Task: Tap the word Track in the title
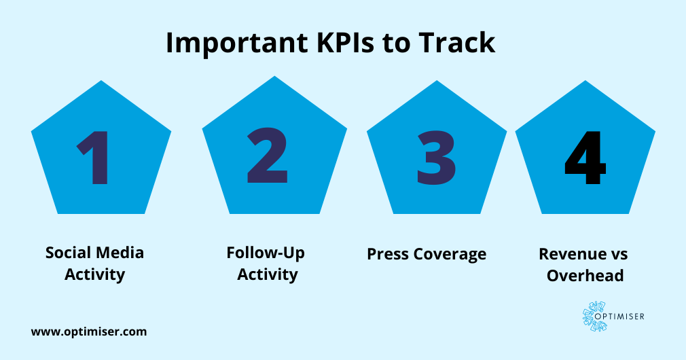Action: click(x=457, y=43)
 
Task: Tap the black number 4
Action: click(x=585, y=157)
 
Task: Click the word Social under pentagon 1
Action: click(x=68, y=253)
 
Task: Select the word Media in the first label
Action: click(x=119, y=253)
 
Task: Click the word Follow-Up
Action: click(x=266, y=253)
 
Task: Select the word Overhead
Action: click(x=585, y=276)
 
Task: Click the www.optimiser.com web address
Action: click(x=89, y=332)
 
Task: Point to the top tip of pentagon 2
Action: click(x=274, y=77)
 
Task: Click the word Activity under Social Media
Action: click(x=94, y=274)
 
